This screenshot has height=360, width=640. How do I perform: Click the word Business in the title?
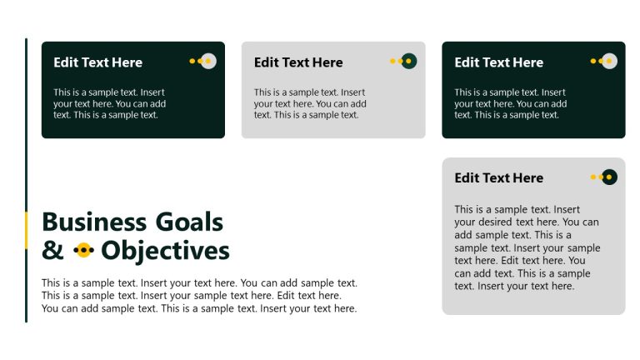tap(94, 222)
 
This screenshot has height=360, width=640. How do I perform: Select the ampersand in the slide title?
tap(52, 251)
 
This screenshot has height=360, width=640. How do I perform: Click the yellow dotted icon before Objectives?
tap(83, 250)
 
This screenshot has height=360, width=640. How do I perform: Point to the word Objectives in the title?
tap(165, 251)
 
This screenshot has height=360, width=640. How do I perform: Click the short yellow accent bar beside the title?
tap(26, 230)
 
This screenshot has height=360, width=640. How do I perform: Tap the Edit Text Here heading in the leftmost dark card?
tap(97, 62)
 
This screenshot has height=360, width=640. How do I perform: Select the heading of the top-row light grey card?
tap(298, 62)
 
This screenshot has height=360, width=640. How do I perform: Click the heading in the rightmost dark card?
tap(498, 62)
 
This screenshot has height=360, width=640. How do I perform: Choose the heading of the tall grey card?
tap(498, 177)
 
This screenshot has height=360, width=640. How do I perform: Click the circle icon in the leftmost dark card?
tap(208, 61)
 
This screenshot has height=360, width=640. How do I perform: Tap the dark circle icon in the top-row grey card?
tap(408, 61)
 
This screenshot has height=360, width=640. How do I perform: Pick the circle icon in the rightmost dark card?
tap(609, 61)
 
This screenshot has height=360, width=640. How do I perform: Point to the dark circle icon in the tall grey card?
tap(609, 177)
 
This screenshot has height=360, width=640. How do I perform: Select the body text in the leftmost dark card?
tap(110, 103)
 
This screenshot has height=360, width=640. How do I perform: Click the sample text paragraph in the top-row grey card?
tap(310, 103)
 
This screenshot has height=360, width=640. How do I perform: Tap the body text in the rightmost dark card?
tap(510, 103)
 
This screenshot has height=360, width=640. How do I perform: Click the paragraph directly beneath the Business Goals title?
tap(199, 296)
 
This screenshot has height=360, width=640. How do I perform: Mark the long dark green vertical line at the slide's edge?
tap(26, 125)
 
